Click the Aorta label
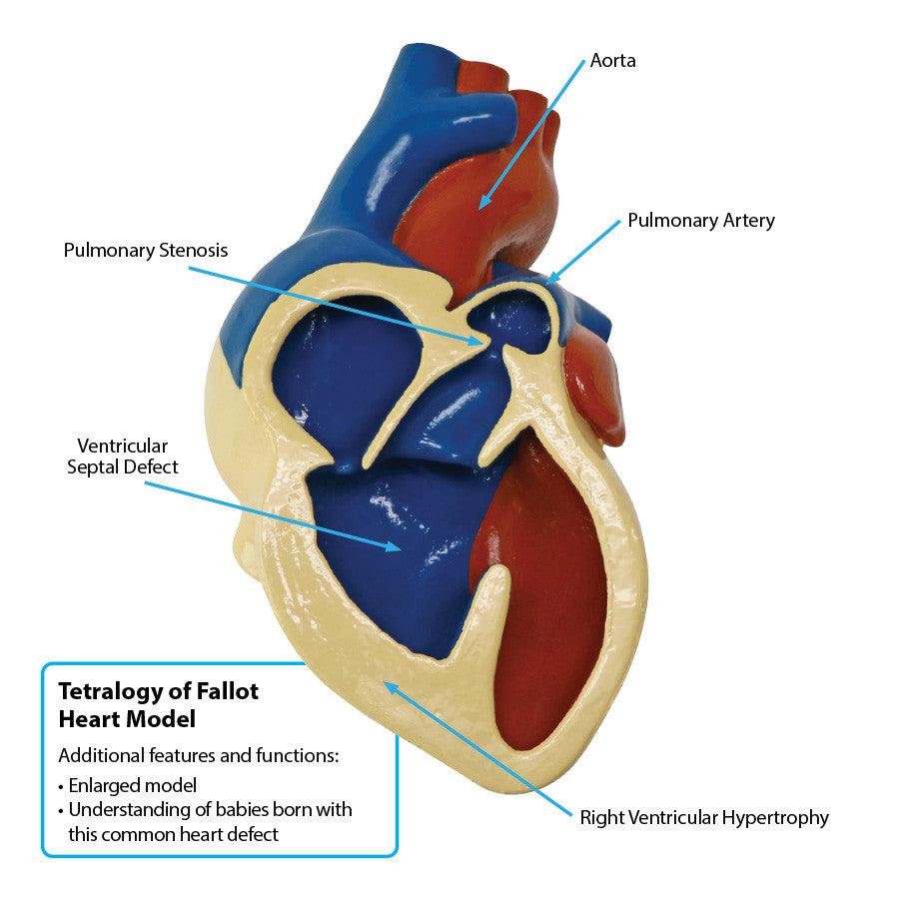[612, 61]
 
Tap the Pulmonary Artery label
[700, 221]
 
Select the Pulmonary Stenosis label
[146, 250]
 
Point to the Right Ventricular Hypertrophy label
[704, 818]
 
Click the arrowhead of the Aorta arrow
[480, 207]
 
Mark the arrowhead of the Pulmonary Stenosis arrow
[483, 343]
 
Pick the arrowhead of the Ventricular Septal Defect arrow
[399, 547]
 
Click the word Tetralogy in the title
[109, 691]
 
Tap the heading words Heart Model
[127, 718]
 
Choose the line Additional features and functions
[199, 755]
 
